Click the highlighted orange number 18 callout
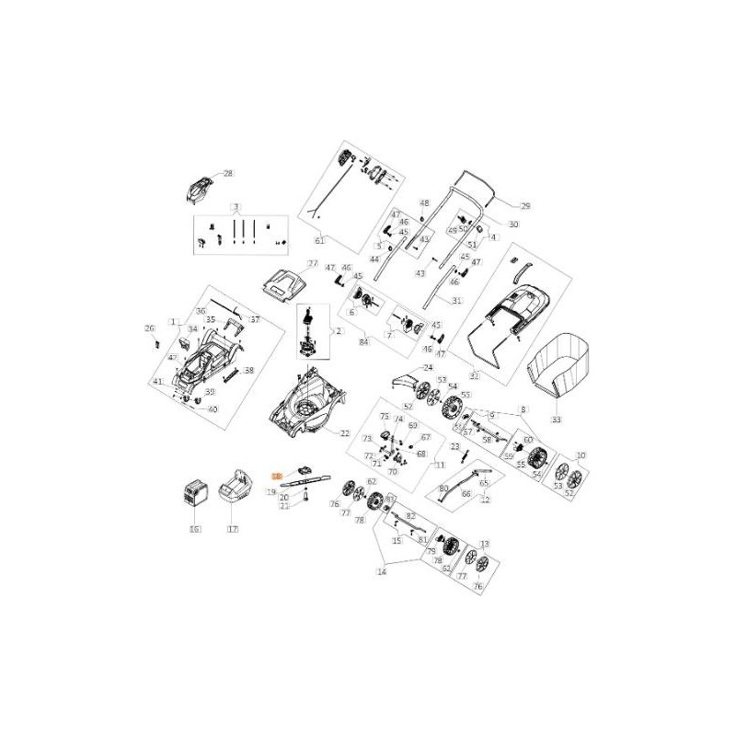pyautogui.click(x=275, y=475)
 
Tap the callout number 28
pyautogui.click(x=228, y=173)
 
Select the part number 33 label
pyautogui.click(x=555, y=419)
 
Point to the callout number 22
pyautogui.click(x=345, y=432)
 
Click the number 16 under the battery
pyautogui.click(x=194, y=529)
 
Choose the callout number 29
pyautogui.click(x=525, y=205)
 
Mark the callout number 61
pyautogui.click(x=320, y=240)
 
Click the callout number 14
pyautogui.click(x=382, y=571)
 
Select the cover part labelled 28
pyautogui.click(x=196, y=190)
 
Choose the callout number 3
pyautogui.click(x=235, y=205)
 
